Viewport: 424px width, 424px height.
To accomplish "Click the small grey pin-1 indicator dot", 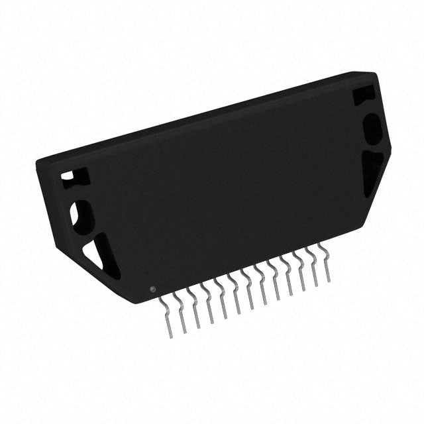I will [153, 290].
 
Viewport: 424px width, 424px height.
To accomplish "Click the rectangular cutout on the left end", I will [68, 178].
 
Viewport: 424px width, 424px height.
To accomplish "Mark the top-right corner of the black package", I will [376, 74].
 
